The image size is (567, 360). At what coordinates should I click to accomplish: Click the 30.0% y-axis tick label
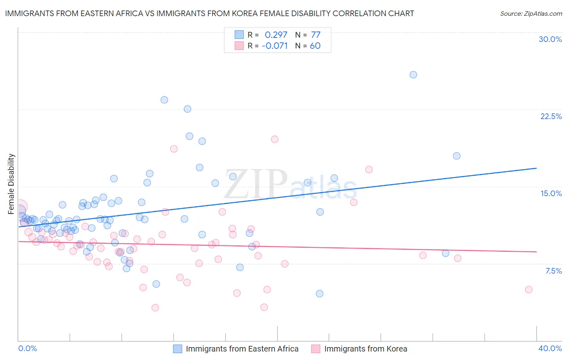(550, 39)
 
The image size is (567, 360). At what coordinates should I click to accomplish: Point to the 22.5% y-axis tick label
(551, 116)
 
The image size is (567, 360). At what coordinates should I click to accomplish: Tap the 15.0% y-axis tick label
(551, 193)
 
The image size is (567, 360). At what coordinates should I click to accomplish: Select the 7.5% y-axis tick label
(553, 271)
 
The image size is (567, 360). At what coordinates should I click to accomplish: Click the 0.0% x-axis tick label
(27, 348)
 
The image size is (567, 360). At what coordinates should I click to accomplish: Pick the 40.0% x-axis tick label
(550, 348)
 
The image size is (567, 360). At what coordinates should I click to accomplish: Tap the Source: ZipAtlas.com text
(531, 14)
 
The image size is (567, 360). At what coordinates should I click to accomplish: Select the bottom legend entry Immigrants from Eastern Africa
(242, 349)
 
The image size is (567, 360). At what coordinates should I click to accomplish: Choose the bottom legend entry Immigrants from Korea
(365, 349)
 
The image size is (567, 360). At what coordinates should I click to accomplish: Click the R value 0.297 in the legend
(276, 35)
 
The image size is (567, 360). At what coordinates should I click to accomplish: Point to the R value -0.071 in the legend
(275, 46)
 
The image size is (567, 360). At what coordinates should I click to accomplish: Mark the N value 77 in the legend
(315, 35)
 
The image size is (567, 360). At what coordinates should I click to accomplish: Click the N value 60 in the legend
(315, 46)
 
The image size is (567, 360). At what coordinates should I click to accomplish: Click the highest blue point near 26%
(413, 75)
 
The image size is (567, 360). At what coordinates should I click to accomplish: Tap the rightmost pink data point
(529, 289)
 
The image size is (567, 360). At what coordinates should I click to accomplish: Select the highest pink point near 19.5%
(275, 139)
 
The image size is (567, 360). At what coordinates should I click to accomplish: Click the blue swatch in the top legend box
(239, 35)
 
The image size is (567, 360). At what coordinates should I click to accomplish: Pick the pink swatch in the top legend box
(239, 46)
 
